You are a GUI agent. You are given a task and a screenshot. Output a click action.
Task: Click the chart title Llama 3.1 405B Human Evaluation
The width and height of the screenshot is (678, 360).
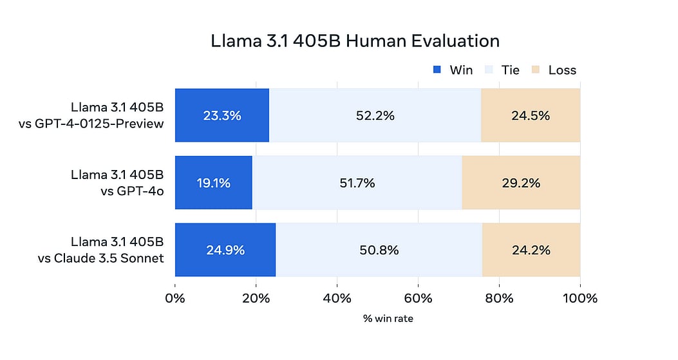pos(355,41)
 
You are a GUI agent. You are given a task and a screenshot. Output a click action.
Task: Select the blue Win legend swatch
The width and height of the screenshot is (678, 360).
pos(437,70)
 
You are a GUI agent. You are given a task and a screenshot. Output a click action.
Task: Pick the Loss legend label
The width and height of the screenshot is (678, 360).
pos(562,70)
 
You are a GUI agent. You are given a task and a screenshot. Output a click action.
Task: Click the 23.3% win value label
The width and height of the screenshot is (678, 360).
pos(221,116)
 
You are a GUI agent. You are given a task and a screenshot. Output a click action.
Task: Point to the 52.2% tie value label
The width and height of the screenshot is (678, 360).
pos(375,116)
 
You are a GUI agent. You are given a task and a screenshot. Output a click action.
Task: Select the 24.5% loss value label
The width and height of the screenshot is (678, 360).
pos(531,116)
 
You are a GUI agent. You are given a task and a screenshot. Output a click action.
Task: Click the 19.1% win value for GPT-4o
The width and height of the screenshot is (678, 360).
pos(213,183)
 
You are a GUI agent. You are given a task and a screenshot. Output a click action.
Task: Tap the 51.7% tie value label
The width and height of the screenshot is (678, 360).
pos(357,183)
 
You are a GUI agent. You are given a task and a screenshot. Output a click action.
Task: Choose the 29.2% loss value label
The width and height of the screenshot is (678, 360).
pos(521,183)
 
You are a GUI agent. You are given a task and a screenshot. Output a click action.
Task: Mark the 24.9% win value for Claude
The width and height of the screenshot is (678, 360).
pos(225,250)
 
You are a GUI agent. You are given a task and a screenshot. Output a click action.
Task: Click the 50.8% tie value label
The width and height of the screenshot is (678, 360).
pos(379,250)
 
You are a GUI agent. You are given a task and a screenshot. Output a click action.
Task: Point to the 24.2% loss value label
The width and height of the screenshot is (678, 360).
pos(531,250)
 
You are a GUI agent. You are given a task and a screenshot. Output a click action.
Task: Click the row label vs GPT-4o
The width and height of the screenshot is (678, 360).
pos(128,190)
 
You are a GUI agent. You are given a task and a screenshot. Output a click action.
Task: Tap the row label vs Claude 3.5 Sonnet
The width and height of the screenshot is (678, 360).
pos(100,258)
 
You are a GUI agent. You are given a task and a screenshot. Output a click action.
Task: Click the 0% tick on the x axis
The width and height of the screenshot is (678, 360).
pos(175,298)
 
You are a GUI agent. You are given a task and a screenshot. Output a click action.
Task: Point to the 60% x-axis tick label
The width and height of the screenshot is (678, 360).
pos(418,298)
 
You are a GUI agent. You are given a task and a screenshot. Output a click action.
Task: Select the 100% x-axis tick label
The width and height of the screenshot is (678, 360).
pos(579,298)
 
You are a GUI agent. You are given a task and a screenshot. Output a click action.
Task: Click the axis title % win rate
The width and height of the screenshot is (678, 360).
pos(388,319)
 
